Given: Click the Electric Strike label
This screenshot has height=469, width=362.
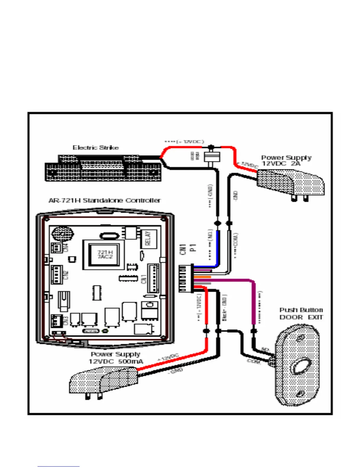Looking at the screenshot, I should pos(96,147).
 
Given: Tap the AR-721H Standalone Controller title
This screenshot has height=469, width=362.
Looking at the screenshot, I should pos(104,200).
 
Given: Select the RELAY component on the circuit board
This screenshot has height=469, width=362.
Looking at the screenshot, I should pos(148,238).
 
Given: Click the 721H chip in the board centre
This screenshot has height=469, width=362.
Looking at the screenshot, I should pos(105,254).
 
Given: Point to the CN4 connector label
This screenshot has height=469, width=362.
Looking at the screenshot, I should pos(66,247).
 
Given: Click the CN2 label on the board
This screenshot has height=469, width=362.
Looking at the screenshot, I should pos(66,275).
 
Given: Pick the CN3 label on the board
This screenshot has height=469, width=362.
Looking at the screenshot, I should pos(66,320).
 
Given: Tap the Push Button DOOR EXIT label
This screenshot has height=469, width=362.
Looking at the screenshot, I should pos(301,314).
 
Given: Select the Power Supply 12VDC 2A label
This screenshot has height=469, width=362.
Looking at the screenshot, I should pos(286,160).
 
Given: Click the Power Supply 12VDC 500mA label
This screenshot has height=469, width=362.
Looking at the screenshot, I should pos(116,358).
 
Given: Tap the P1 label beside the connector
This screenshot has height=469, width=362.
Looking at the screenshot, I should pos(193,248).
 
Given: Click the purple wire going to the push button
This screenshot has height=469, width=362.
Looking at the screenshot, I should pos(253,302).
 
